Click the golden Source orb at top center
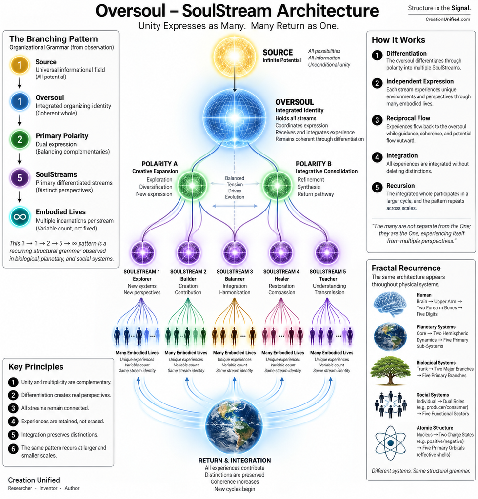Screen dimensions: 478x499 235,57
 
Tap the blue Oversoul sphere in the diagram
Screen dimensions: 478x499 235,117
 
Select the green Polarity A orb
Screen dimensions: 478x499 192,185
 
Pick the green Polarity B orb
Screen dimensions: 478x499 277,185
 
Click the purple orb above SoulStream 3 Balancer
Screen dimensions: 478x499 235,253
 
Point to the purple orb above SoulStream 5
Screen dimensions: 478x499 327,253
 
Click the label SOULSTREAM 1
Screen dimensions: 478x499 142,272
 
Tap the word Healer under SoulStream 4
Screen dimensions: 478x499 281,279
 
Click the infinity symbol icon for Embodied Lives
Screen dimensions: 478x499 20,217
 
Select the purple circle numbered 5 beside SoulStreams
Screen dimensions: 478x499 20,178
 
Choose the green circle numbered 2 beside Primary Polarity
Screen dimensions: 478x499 20,139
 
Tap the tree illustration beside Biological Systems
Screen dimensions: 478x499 390,371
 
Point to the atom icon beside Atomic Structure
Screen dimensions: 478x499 390,443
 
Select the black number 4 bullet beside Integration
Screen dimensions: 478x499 378,157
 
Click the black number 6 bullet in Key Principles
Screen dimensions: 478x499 13,449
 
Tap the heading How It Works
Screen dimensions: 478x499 398,40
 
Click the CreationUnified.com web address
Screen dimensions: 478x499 448,19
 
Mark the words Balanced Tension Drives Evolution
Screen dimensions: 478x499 235,188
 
